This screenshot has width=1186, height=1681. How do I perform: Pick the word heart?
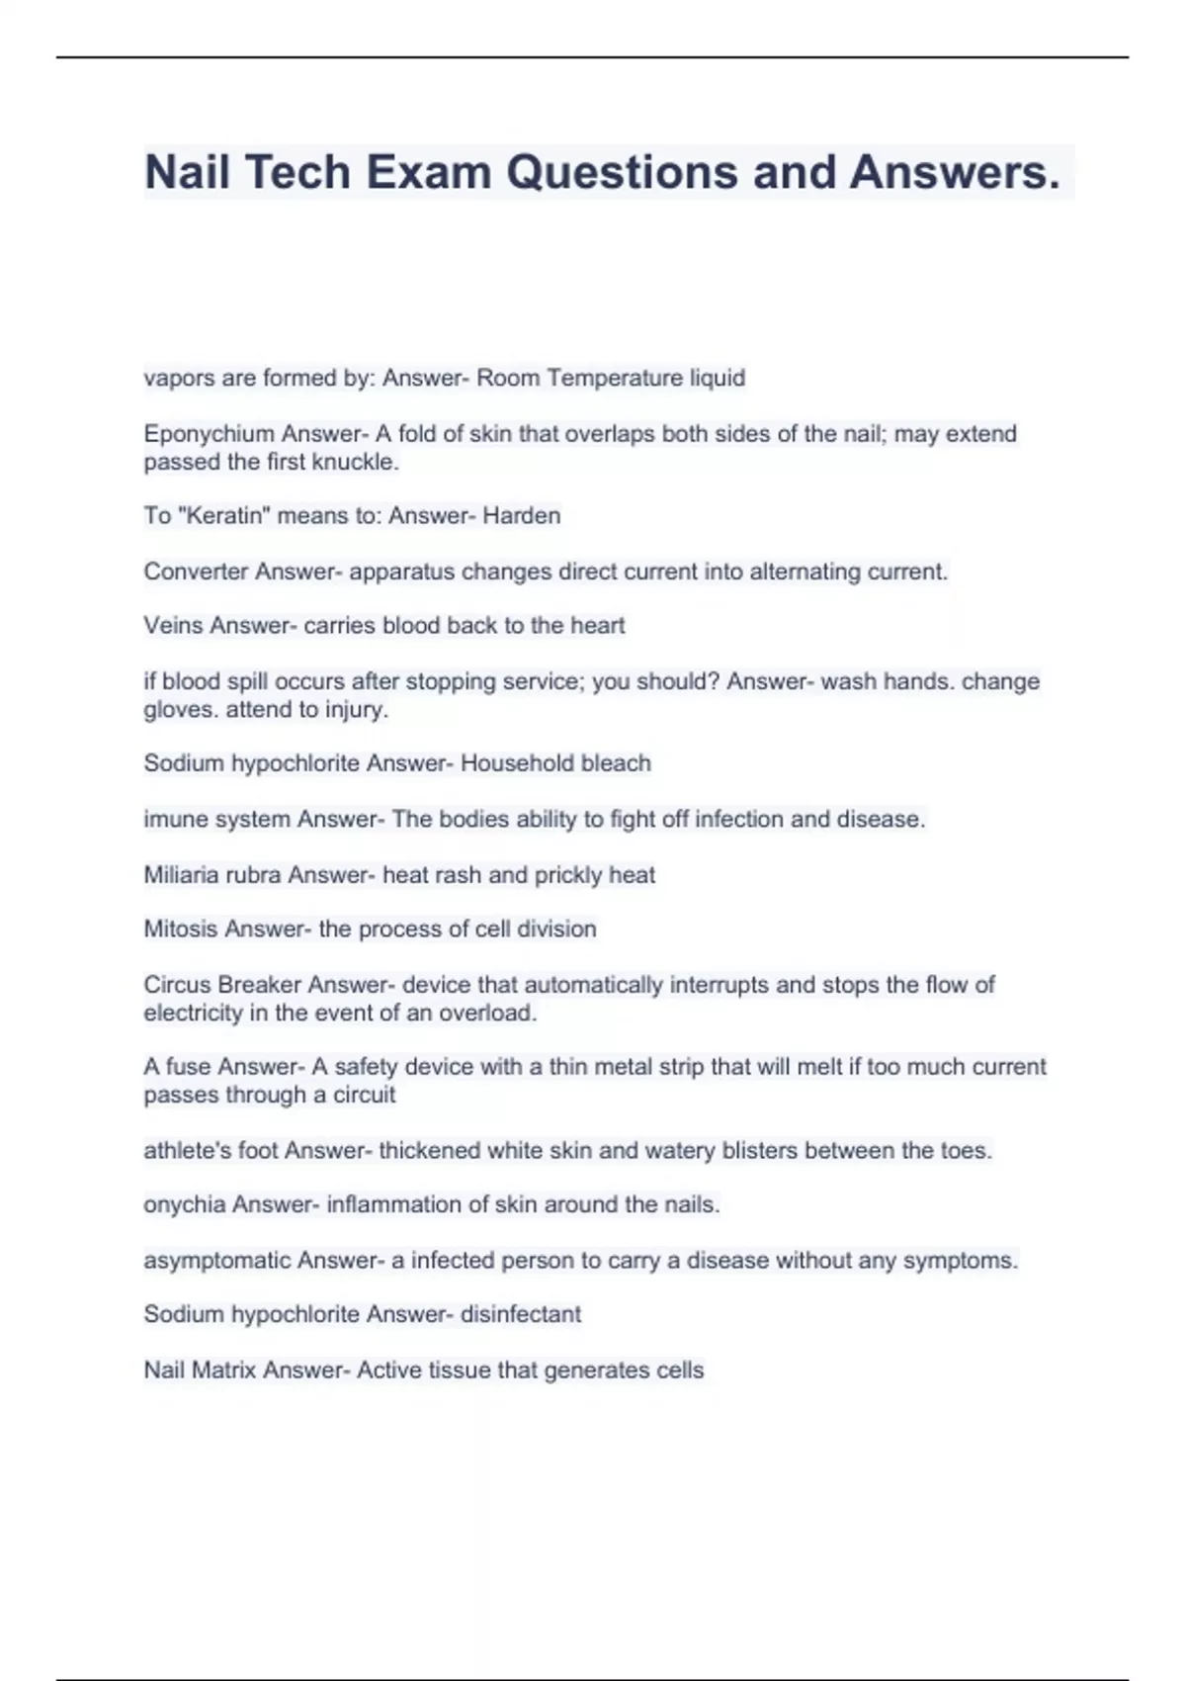click(597, 626)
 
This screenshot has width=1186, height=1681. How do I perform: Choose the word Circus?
click(176, 985)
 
